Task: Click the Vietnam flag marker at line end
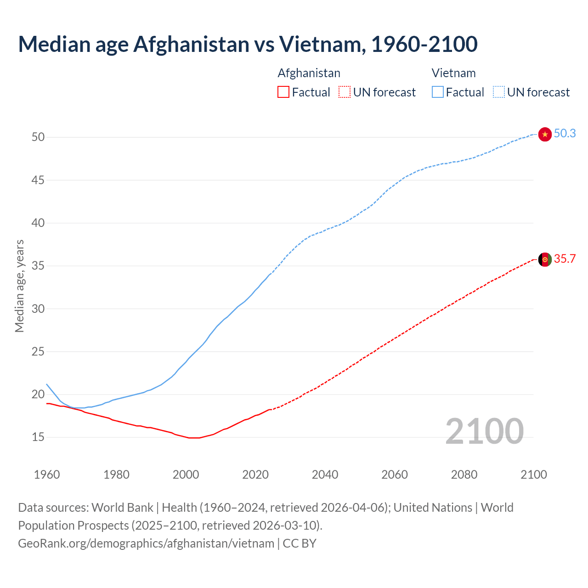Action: [x=545, y=134]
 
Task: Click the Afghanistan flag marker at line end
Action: [x=545, y=260]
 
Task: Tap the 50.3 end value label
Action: [x=565, y=133]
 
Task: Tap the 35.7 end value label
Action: [x=565, y=259]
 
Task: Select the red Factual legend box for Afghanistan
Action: [x=283, y=92]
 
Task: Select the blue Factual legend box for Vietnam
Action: [x=437, y=92]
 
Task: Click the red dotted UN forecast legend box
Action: [x=345, y=92]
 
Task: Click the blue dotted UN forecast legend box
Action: [x=498, y=92]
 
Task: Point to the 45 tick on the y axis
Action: [x=38, y=180]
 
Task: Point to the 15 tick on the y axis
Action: [x=38, y=437]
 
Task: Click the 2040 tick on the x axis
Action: [x=325, y=475]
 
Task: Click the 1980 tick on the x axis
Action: [x=116, y=475]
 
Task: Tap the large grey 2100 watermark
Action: [x=485, y=431]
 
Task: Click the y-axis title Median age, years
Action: [x=19, y=286]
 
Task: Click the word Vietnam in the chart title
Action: [x=322, y=44]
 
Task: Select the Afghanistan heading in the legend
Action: [x=309, y=73]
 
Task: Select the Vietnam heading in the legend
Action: [x=453, y=73]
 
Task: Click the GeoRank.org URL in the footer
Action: [x=146, y=543]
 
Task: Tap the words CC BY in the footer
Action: [x=300, y=543]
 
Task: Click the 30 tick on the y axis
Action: [x=38, y=309]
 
